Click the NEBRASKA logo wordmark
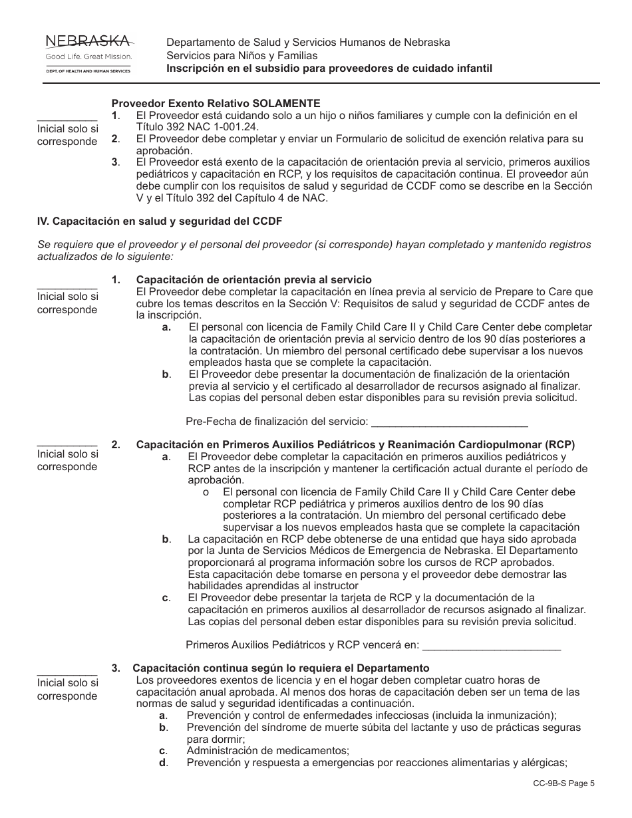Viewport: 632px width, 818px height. click(88, 43)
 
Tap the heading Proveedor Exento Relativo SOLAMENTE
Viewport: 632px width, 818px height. click(216, 104)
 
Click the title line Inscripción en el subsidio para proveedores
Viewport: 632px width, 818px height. click(329, 69)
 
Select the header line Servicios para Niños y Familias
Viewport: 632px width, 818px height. click(242, 56)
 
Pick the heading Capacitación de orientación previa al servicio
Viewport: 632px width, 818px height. click(253, 280)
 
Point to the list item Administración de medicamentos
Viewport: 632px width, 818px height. click(267, 750)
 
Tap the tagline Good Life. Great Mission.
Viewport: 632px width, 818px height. click(88, 57)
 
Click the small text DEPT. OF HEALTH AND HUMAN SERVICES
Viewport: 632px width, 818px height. click(88, 70)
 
